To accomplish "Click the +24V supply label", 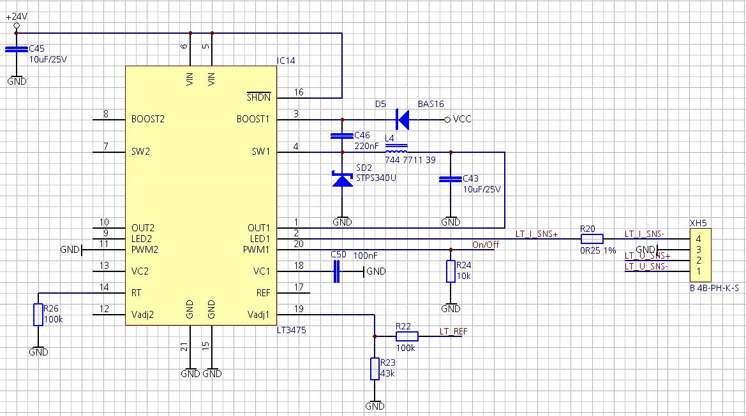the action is click(17, 16).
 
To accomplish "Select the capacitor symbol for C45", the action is click(17, 49).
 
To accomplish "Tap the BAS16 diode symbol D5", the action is click(403, 119).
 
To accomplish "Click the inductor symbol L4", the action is click(396, 148).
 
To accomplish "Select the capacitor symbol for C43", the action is click(451, 179).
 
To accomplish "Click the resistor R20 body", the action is click(592, 239).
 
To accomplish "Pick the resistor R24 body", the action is click(451, 271).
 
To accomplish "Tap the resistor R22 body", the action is click(407, 336).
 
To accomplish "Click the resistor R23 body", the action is click(375, 369).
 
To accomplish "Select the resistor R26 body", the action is click(38, 314).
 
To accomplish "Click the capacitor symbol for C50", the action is click(337, 271).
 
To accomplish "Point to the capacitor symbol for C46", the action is click(342, 136).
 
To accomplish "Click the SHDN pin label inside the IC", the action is click(258, 97).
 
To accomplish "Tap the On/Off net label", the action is click(485, 245).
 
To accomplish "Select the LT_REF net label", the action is click(453, 331).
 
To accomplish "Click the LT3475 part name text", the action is click(291, 330).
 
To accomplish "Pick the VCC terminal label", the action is click(462, 118).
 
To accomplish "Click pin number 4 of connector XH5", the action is click(699, 239).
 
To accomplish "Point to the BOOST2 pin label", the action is click(148, 118).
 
